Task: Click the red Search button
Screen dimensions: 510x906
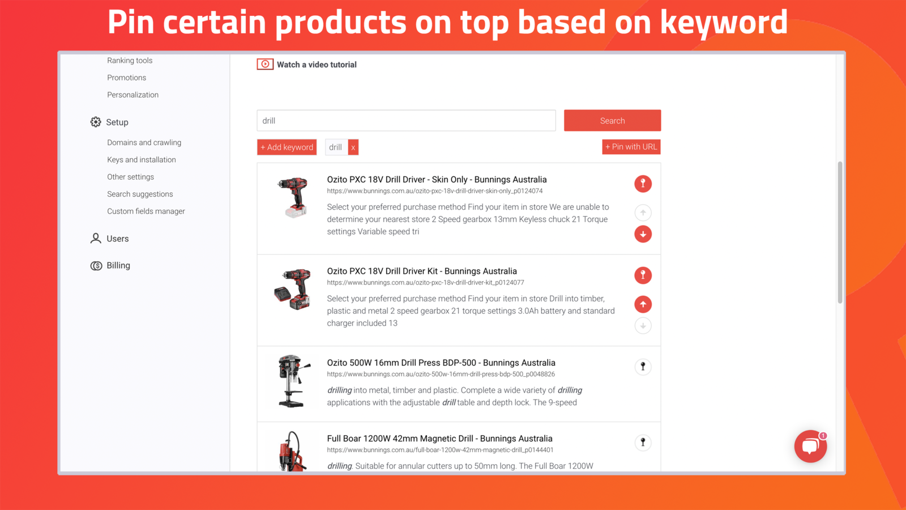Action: pyautogui.click(x=612, y=121)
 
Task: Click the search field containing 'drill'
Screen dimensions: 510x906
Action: pyautogui.click(x=406, y=121)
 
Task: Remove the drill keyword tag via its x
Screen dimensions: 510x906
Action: pyautogui.click(x=353, y=147)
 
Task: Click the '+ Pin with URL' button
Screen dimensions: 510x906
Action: pyautogui.click(x=631, y=147)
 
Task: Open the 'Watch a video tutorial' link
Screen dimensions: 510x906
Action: pyautogui.click(x=316, y=65)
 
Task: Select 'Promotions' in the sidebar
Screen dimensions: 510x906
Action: pyautogui.click(x=126, y=78)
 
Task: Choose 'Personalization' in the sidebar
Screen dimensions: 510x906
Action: pyautogui.click(x=133, y=95)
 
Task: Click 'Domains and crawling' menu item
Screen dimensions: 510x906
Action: pyautogui.click(x=144, y=143)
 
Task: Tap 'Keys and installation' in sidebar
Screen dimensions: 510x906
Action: pyautogui.click(x=141, y=160)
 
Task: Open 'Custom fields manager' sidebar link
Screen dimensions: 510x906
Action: pyautogui.click(x=146, y=211)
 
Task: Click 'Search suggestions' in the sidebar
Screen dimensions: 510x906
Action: pyautogui.click(x=140, y=194)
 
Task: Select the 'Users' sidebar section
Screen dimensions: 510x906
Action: pyautogui.click(x=117, y=239)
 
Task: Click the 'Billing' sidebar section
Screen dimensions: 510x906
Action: pyautogui.click(x=118, y=265)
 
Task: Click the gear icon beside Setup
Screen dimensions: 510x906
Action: pyautogui.click(x=96, y=122)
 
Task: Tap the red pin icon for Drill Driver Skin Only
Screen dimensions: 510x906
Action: pyautogui.click(x=643, y=184)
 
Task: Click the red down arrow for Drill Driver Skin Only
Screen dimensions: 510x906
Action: pyautogui.click(x=643, y=234)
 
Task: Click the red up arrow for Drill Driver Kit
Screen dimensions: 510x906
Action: pyautogui.click(x=643, y=304)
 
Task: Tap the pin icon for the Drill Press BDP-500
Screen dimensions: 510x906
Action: pyautogui.click(x=643, y=367)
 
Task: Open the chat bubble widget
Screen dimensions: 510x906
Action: pyautogui.click(x=810, y=446)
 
